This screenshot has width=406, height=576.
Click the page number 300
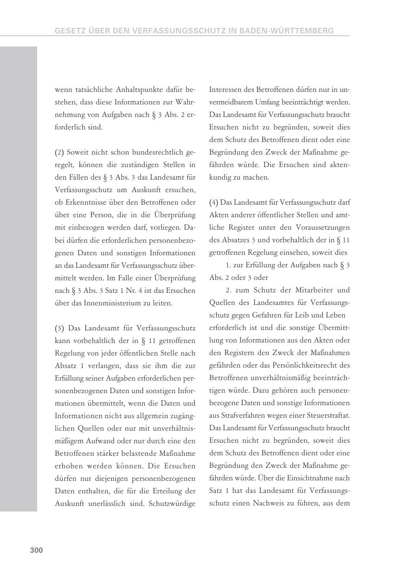tap(36, 550)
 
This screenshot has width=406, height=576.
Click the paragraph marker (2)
tap(59, 152)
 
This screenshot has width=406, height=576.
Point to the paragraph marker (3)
tap(59, 328)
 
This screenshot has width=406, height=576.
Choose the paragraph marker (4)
tap(213, 202)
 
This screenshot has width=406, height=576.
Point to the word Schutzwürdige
tap(172, 503)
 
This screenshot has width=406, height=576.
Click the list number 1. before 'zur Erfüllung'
tap(228, 265)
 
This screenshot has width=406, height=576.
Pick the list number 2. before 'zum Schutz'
tap(228, 290)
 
